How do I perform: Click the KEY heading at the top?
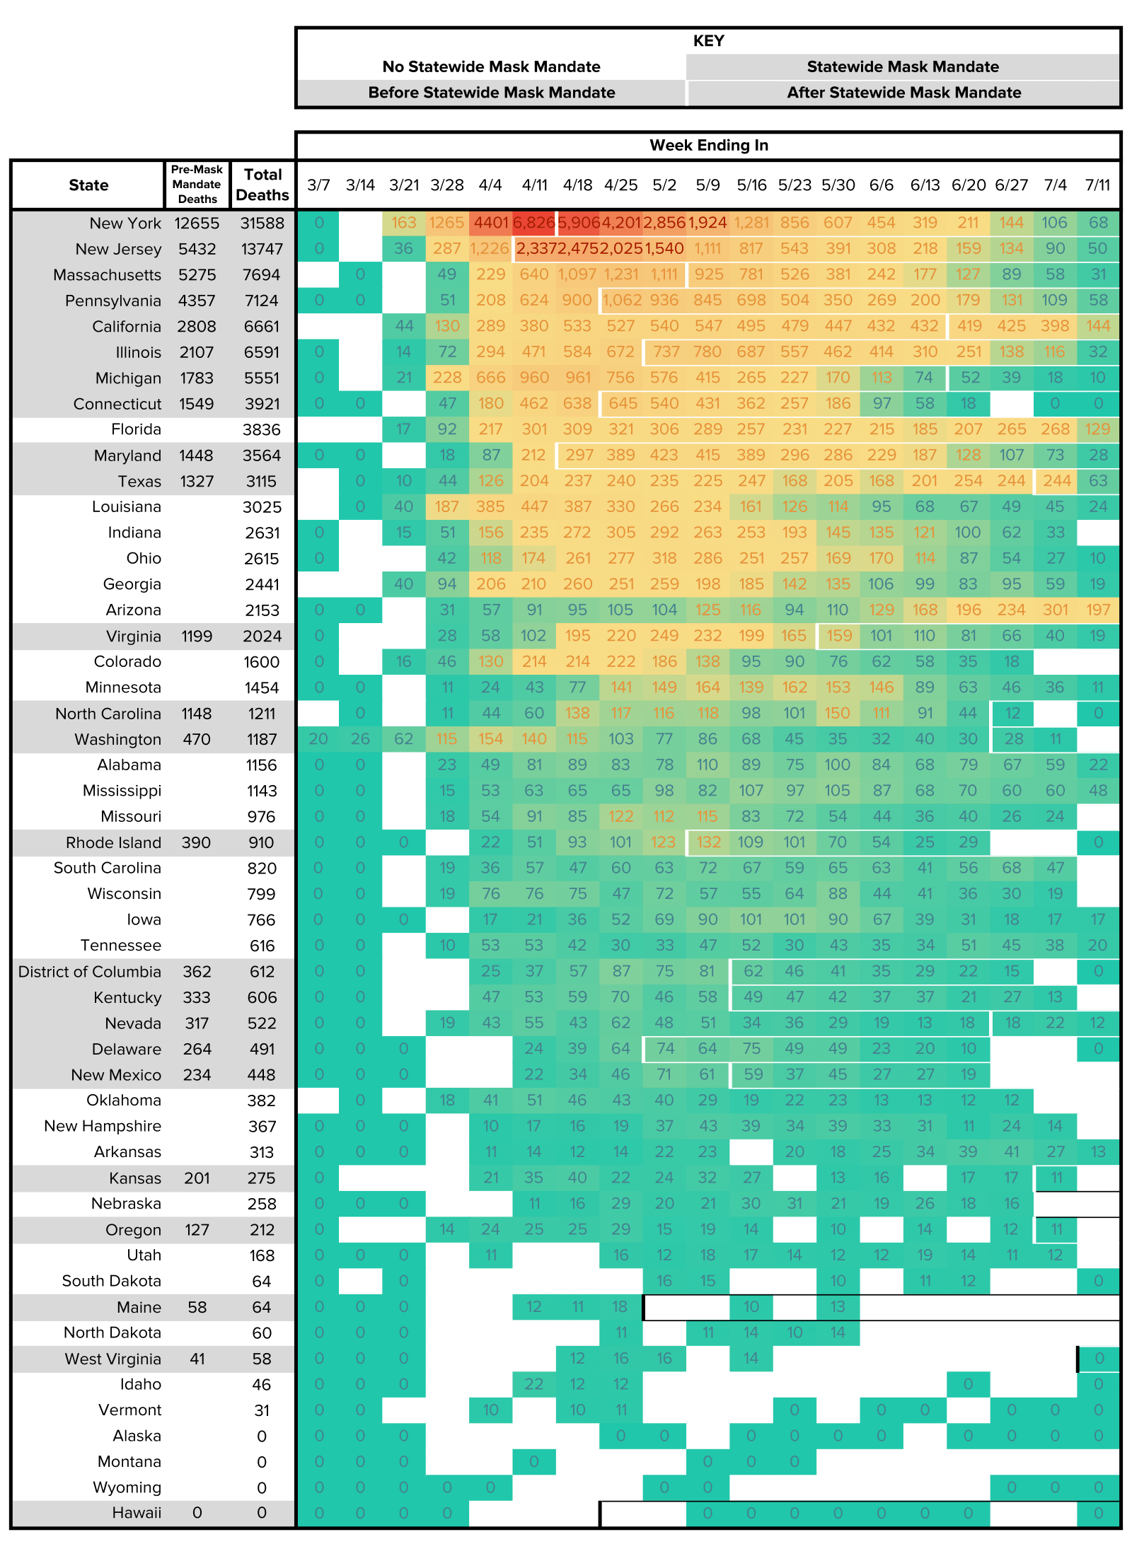click(x=708, y=41)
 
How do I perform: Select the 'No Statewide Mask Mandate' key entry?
click(x=491, y=66)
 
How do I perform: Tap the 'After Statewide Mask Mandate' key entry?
click(x=903, y=93)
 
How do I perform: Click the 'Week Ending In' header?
click(x=708, y=145)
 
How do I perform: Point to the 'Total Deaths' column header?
click(x=262, y=185)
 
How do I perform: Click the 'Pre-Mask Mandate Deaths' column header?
click(x=197, y=185)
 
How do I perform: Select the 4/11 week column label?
click(x=534, y=185)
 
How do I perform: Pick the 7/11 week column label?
click(x=1097, y=185)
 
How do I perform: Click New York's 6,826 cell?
click(x=534, y=223)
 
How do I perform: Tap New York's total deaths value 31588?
click(x=262, y=223)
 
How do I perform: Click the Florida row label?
click(x=136, y=429)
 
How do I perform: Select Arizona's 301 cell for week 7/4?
click(x=1055, y=610)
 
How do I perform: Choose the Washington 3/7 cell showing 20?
click(x=318, y=739)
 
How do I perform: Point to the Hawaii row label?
click(x=137, y=1512)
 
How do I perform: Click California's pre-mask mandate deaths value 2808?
click(x=197, y=327)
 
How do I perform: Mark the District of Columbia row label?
click(x=90, y=972)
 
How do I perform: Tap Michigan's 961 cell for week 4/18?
click(x=577, y=378)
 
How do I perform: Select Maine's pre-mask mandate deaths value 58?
click(x=197, y=1307)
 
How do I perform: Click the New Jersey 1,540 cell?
click(x=664, y=249)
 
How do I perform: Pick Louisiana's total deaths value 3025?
click(x=262, y=507)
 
